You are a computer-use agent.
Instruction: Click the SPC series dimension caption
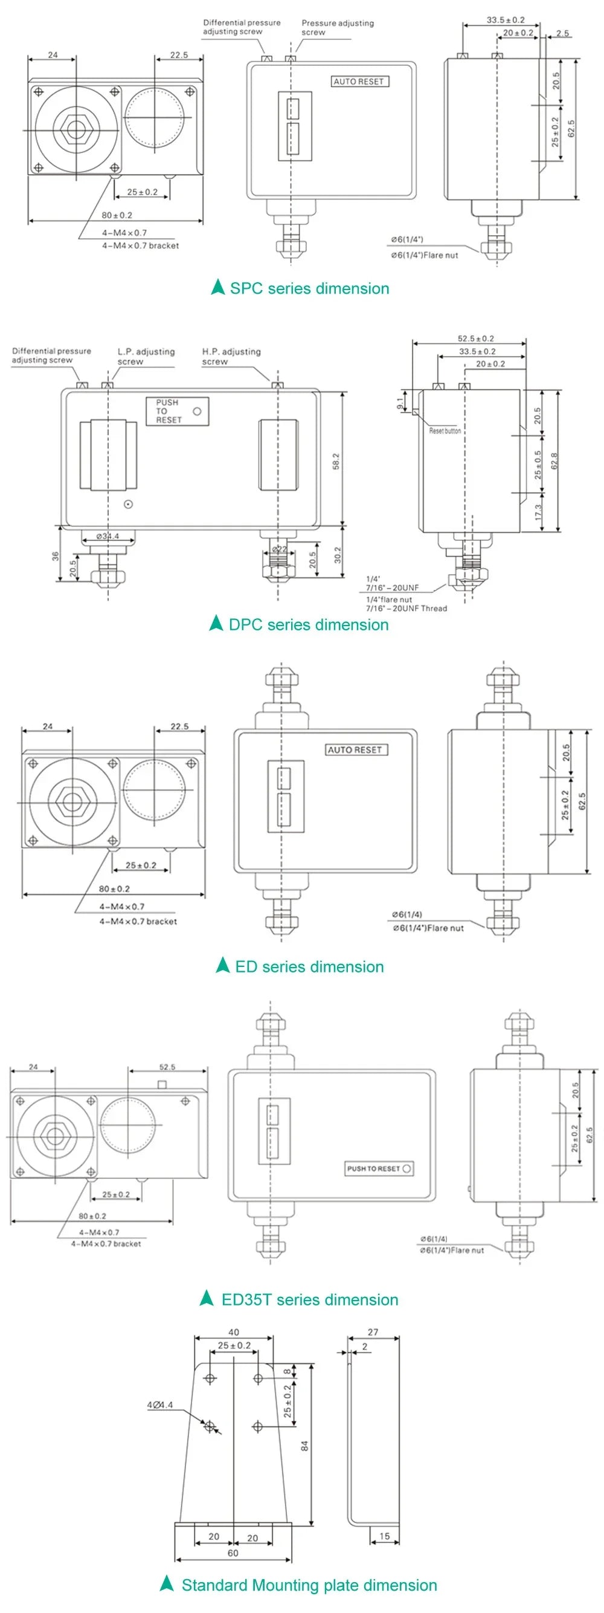pos(309,289)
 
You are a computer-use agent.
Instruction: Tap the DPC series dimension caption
pos(308,624)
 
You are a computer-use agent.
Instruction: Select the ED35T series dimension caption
pos(309,1299)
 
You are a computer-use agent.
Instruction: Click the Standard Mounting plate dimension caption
pos(309,1585)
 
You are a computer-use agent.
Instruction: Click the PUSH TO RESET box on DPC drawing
pos(177,412)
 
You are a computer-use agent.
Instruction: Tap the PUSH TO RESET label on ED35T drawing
pos(379,1168)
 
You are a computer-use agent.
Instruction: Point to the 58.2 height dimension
pos(336,461)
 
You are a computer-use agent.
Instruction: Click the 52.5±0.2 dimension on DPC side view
pos(475,339)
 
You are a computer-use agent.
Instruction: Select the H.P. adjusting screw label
pos(231,357)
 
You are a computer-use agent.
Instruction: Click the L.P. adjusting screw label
pos(146,357)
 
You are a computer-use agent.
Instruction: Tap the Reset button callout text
pos(445,431)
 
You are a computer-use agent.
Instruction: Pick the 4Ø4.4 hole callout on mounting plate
pos(159,1405)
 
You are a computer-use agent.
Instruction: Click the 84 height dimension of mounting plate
pos(305,1446)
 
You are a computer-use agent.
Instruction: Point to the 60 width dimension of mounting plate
pos(233,1553)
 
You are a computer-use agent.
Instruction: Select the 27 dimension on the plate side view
pos(373,1332)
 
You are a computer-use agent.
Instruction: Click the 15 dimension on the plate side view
pos(384,1536)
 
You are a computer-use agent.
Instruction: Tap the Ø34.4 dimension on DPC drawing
pos(108,536)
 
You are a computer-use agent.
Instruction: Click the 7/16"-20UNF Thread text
pos(406,608)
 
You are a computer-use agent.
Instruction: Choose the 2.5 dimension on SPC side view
pos(562,33)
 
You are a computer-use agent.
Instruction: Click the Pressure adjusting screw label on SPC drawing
pos(338,28)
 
